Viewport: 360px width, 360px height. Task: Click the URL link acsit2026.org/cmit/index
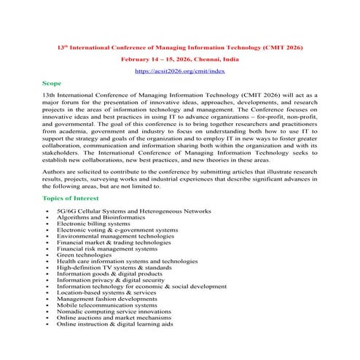pos(180,71)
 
